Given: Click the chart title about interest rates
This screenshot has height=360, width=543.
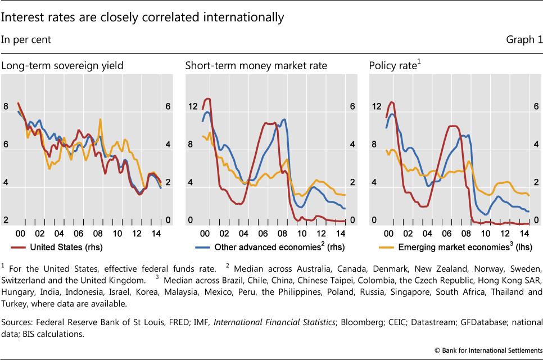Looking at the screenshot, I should pyautogui.click(x=142, y=17).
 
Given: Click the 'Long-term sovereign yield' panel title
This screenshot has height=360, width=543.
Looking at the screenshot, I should pyautogui.click(x=62, y=66).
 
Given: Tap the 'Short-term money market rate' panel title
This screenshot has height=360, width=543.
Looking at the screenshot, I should pyautogui.click(x=256, y=66).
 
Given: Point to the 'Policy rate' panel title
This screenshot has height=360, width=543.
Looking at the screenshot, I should pyautogui.click(x=395, y=66).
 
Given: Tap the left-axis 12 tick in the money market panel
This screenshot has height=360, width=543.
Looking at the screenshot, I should pyautogui.click(x=192, y=106).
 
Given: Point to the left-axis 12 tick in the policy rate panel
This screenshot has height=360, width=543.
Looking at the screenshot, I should pyautogui.click(x=375, y=106).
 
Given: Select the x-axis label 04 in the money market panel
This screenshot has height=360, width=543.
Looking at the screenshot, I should pyautogui.click(x=243, y=233).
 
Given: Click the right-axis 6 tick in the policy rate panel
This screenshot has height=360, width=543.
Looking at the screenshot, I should pyautogui.click(x=535, y=106).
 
